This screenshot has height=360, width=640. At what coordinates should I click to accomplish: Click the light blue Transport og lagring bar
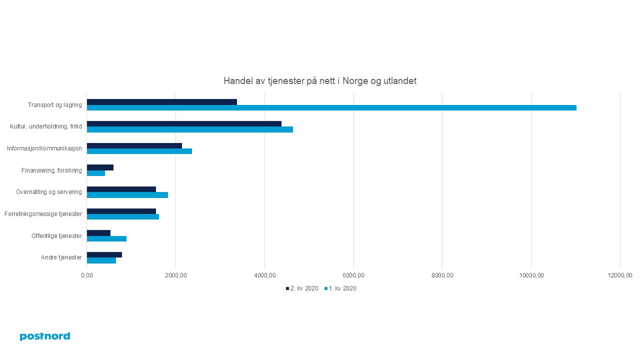click(x=331, y=107)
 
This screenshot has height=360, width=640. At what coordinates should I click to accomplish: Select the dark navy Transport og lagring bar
click(x=161, y=102)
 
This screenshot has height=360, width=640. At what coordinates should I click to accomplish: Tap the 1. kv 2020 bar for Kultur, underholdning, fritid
click(x=190, y=129)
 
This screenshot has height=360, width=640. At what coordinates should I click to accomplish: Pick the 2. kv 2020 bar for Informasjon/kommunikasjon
click(x=134, y=145)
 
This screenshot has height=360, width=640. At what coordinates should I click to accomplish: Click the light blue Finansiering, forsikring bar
click(x=96, y=173)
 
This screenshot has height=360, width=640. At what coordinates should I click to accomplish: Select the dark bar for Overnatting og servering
click(x=121, y=189)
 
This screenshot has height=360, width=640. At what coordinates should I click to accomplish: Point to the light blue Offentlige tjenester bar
click(x=106, y=238)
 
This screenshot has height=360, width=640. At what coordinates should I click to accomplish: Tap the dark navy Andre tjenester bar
click(x=104, y=254)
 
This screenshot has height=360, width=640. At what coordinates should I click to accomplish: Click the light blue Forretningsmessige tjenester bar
click(x=123, y=216)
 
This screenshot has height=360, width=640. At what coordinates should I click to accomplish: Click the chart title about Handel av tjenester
click(x=319, y=81)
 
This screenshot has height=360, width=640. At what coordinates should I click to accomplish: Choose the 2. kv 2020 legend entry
click(x=302, y=288)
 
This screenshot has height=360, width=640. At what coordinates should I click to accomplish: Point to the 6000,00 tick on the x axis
click(x=353, y=275)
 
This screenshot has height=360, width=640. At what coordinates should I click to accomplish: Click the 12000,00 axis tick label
click(x=620, y=275)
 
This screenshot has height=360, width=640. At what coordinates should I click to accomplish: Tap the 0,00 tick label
click(x=87, y=275)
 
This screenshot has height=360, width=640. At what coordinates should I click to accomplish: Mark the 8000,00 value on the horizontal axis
click(x=442, y=275)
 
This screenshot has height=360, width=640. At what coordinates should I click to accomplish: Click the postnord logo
click(x=45, y=336)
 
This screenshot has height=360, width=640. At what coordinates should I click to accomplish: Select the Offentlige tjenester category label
click(x=56, y=236)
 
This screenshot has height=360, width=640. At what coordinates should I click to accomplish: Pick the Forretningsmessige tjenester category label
click(x=43, y=214)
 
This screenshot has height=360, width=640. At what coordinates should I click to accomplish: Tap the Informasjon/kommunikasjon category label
click(x=44, y=148)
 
